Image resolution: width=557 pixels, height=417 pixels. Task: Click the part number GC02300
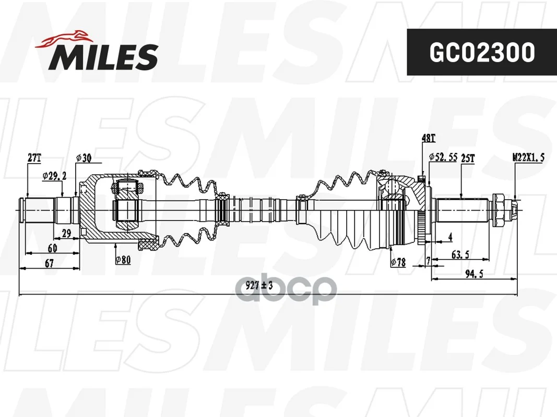[x=482, y=52]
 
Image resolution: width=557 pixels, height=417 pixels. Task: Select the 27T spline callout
[x=34, y=158]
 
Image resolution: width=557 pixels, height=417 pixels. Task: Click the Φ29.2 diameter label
[x=54, y=176]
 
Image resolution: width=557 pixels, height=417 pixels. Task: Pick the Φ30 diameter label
[x=84, y=158]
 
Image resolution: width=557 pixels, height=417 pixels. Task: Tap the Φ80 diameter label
[x=123, y=260]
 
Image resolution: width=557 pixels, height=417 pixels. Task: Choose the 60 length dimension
[x=52, y=248]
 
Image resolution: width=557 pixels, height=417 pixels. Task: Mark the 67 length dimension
[x=50, y=263]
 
